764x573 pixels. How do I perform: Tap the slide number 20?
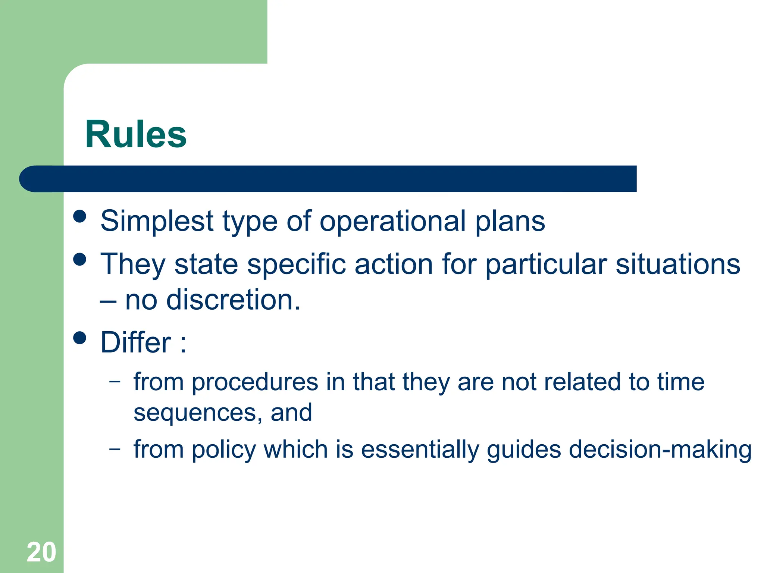click(41, 552)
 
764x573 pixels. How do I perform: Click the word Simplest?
click(157, 221)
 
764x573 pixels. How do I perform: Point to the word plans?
click(510, 221)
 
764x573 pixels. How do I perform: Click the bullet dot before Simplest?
click(80, 216)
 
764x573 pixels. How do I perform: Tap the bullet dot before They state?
click(80, 259)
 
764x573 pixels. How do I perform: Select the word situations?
click(677, 264)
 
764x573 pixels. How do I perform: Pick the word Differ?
click(136, 342)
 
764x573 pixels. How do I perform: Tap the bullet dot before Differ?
click(80, 338)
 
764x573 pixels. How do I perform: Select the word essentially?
click(420, 449)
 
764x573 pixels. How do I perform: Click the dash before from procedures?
click(115, 381)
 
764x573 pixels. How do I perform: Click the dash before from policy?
click(115, 448)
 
